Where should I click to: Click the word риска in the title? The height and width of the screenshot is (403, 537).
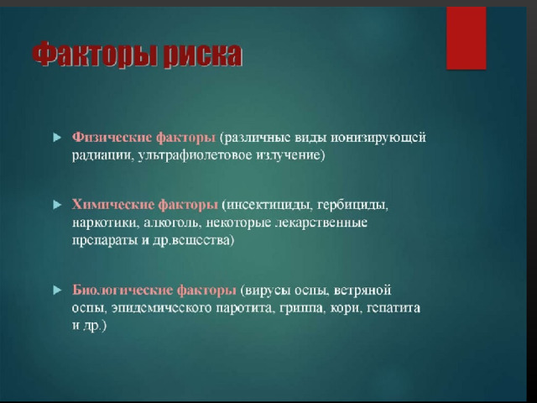[202, 55]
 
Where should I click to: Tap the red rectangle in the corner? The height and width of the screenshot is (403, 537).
[467, 38]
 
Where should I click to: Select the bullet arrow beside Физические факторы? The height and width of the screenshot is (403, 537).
[57, 138]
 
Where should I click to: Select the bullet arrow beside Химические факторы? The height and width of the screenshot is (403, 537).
[57, 205]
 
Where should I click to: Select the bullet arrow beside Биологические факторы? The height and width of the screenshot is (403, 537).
[57, 290]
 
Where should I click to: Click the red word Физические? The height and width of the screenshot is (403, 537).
[112, 138]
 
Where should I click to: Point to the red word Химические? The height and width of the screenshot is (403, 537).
[112, 205]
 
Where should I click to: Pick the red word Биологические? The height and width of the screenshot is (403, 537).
[122, 290]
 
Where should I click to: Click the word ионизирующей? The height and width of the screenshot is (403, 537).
[378, 138]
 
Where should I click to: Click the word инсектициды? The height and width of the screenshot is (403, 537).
[268, 205]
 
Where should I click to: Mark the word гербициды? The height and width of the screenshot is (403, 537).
[352, 205]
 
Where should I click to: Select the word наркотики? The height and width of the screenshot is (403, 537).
[106, 222]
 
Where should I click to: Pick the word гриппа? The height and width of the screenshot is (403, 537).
[301, 308]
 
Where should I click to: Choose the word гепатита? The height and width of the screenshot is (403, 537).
[394, 308]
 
